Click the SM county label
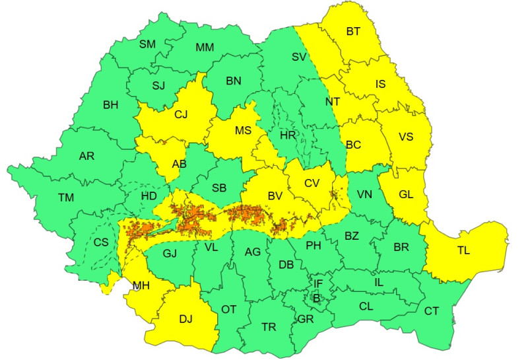pos(147,44)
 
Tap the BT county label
pos(354,31)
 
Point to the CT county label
pos(432,310)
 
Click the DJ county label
pos(185,320)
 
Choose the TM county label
pos(66,198)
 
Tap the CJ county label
pos(181,114)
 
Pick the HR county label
pos(287,135)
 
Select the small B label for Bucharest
pos(316,298)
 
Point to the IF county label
pos(318,284)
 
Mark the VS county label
pos(406,137)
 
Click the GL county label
pos(406,195)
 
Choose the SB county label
pos(219,188)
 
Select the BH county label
pos(110,104)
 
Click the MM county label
pos(205,48)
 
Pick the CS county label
pos(101,242)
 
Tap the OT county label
pos(228,309)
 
